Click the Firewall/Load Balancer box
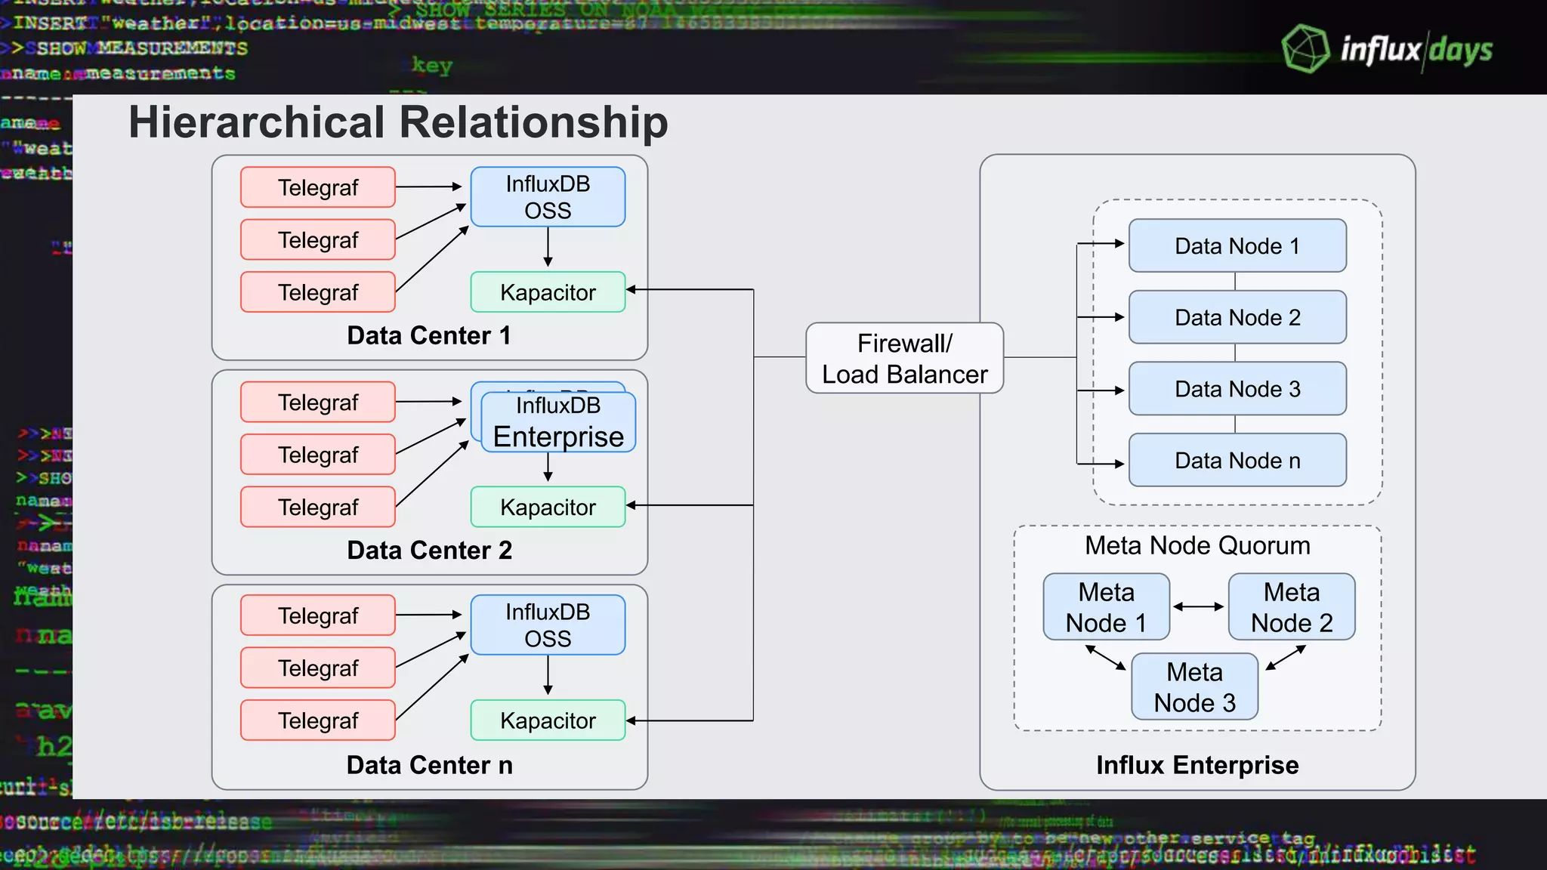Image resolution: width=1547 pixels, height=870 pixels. tap(904, 359)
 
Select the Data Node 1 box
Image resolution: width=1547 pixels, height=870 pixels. tap(1237, 246)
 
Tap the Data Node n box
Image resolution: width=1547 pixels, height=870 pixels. tap(1237, 461)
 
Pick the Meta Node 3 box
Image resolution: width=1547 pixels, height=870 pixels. tap(1194, 687)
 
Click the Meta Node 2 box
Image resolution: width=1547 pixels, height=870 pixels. tap(1291, 607)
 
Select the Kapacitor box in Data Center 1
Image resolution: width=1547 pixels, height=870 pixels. tap(548, 292)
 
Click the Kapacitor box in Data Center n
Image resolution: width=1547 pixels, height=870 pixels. tap(548, 720)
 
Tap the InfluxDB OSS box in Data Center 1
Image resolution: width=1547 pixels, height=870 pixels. tap(548, 197)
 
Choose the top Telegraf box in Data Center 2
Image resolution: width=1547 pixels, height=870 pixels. tap(318, 403)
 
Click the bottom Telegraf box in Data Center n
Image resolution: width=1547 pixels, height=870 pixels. tap(318, 720)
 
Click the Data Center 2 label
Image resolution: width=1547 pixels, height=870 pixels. tap(429, 551)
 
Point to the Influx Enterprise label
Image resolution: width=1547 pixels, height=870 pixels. tap(1197, 765)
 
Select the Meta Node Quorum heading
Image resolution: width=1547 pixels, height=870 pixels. tap(1197, 545)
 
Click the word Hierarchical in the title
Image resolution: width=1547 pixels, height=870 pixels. tap(257, 122)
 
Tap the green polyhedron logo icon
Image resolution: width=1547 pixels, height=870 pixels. tap(1305, 49)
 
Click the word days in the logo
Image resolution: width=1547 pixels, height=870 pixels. tap(1461, 51)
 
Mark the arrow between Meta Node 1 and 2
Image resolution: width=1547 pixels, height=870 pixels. tap(1198, 606)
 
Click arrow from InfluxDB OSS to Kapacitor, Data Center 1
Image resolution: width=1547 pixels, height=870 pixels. tap(548, 247)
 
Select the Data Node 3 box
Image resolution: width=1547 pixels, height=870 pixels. tap(1237, 389)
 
